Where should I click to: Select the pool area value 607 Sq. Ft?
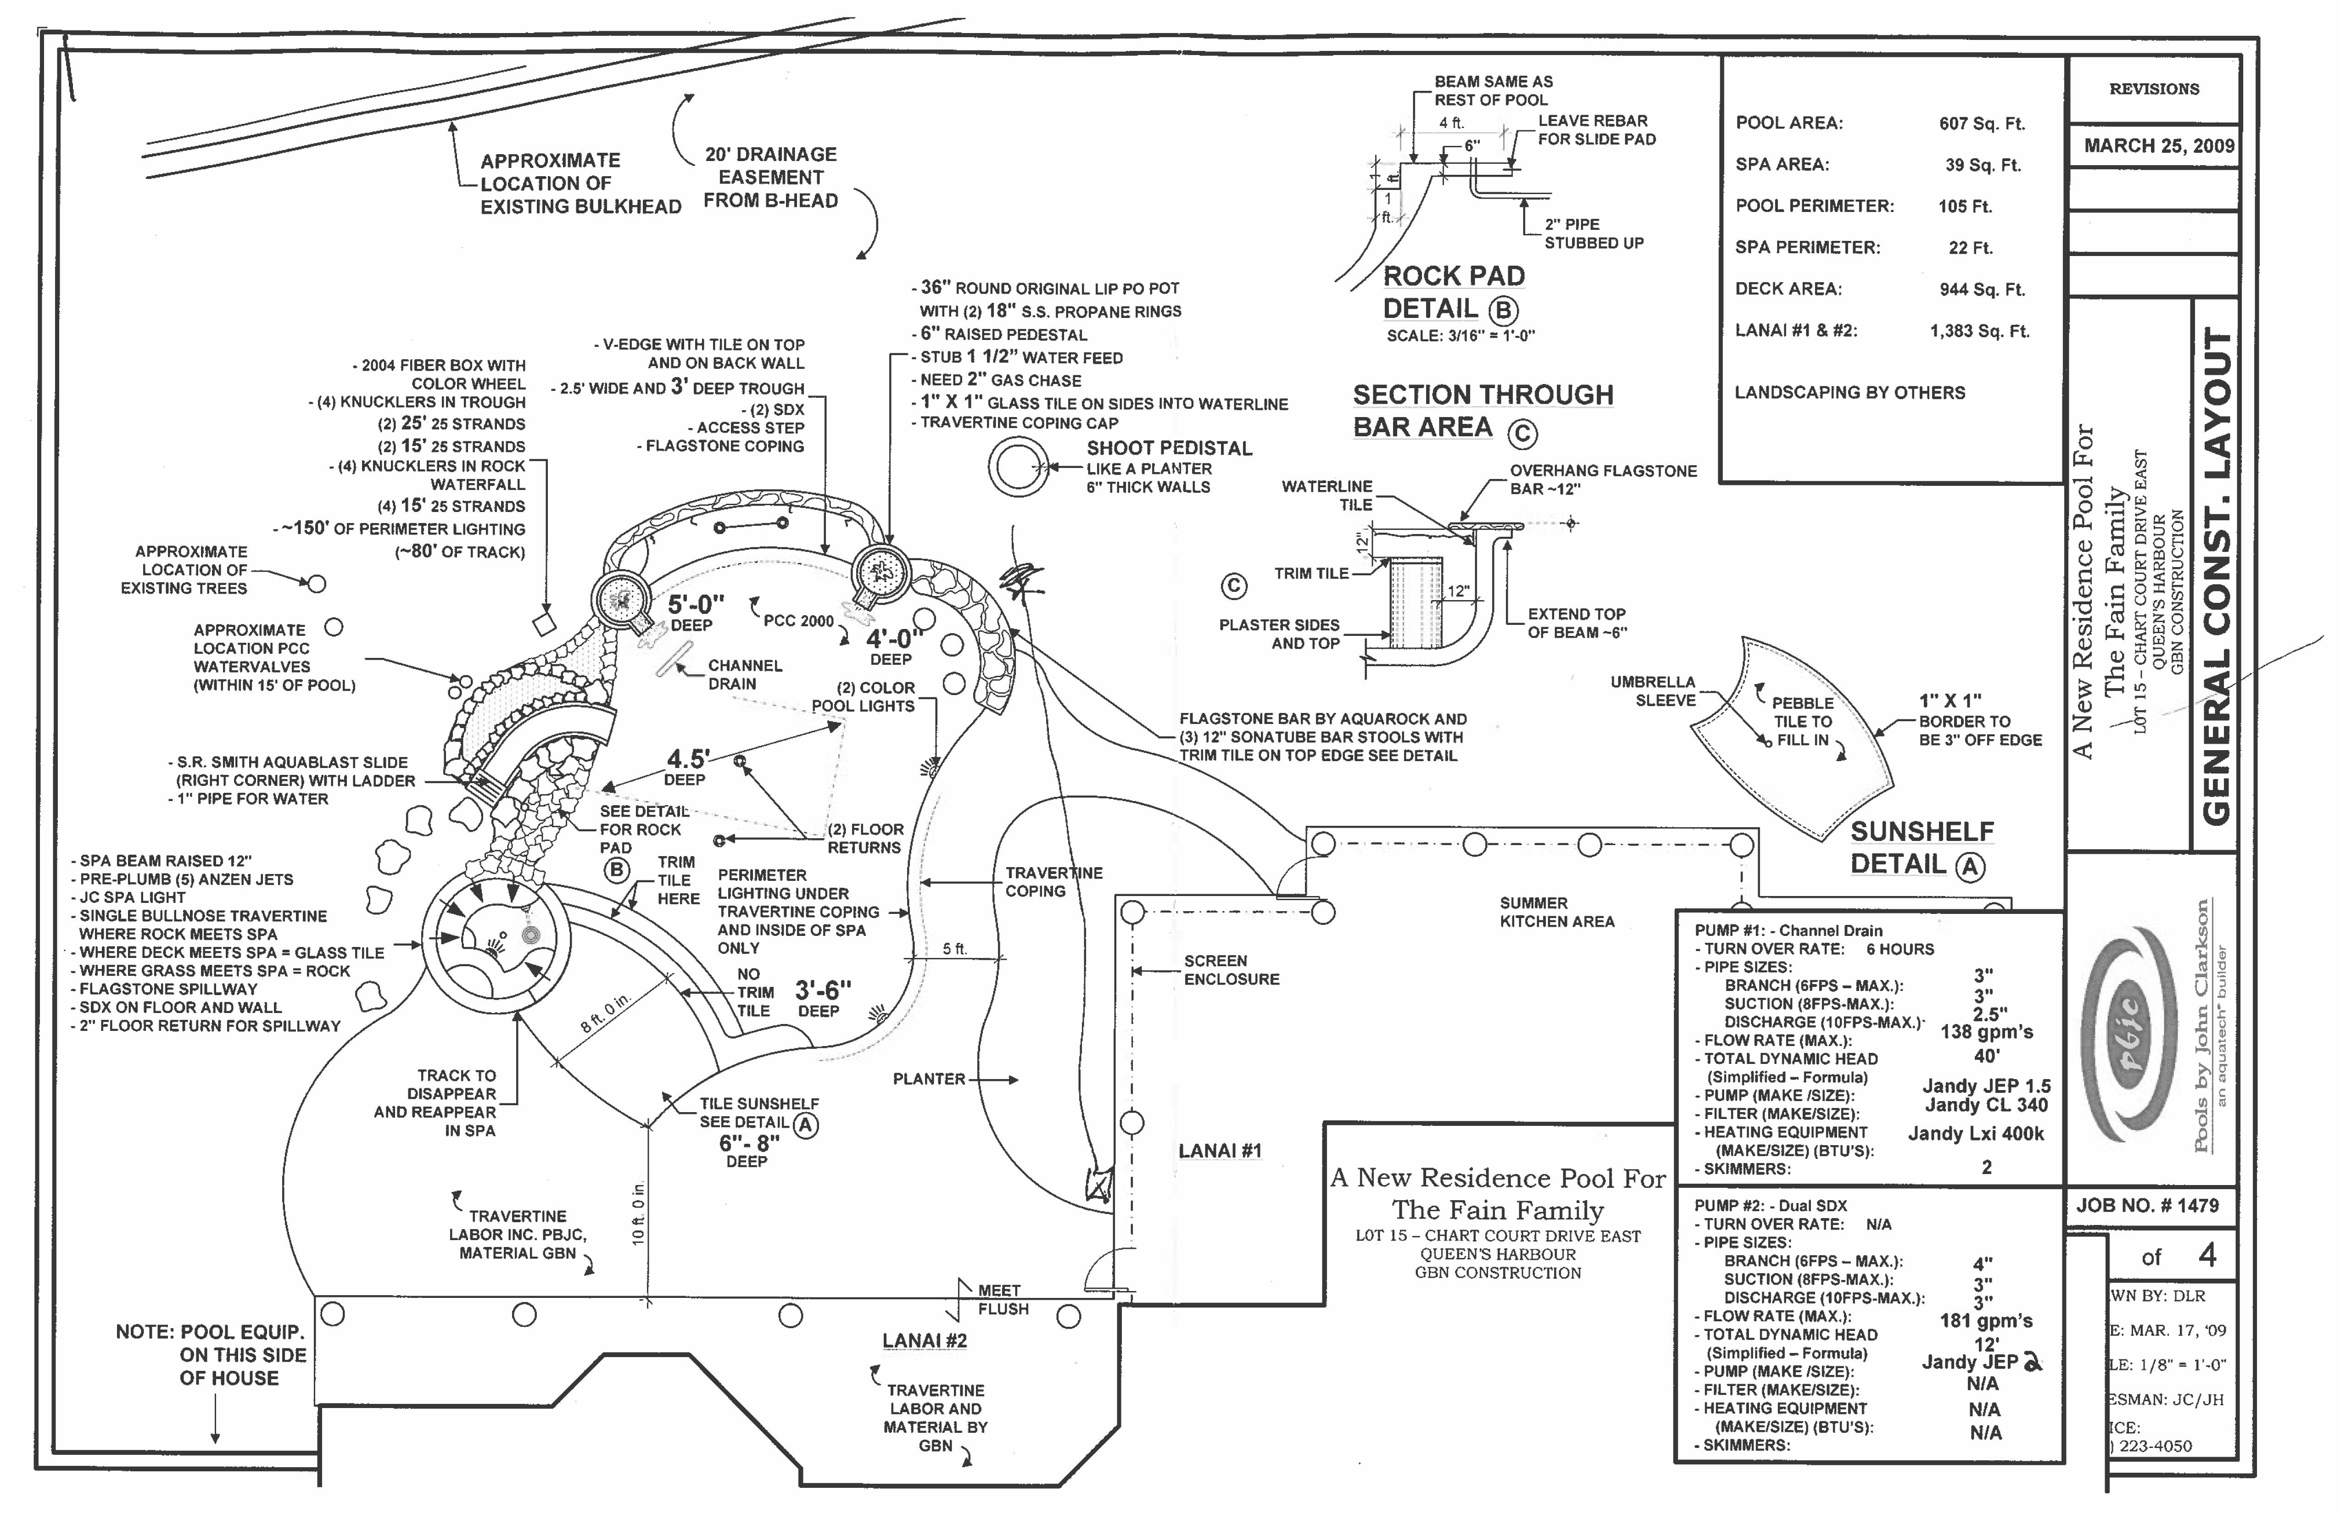click(1981, 124)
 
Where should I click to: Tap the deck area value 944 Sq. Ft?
click(1981, 289)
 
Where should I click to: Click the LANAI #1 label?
click(1219, 1150)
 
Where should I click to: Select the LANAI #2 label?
click(924, 1340)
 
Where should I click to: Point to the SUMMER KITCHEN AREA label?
click(1556, 913)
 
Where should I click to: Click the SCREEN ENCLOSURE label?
click(1231, 969)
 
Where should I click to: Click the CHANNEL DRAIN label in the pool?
click(744, 674)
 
